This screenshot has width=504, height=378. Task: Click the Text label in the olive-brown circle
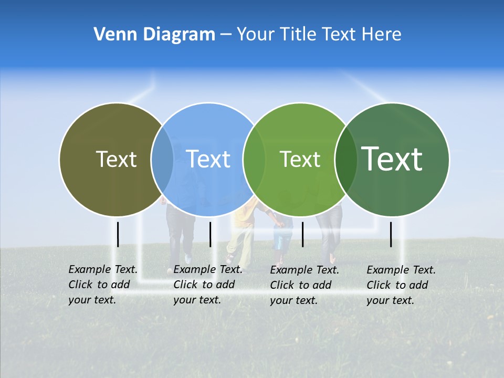(116, 159)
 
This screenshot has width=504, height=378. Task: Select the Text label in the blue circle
(208, 159)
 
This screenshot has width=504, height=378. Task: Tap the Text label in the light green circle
(300, 159)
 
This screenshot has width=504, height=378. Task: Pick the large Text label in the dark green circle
(392, 159)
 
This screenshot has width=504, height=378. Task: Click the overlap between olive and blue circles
(162, 160)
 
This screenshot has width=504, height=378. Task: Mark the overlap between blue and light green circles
(254, 160)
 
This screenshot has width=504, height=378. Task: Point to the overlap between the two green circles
(345, 160)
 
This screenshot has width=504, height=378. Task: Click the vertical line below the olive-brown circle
(118, 234)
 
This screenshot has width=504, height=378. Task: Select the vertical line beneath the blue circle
(210, 234)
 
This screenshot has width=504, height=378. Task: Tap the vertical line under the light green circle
(302, 234)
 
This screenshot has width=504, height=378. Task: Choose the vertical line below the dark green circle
(391, 234)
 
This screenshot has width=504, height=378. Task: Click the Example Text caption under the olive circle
(102, 285)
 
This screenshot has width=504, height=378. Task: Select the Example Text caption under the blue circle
(207, 285)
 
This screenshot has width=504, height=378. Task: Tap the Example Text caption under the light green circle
(304, 285)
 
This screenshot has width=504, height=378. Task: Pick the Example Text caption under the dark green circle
(401, 285)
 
